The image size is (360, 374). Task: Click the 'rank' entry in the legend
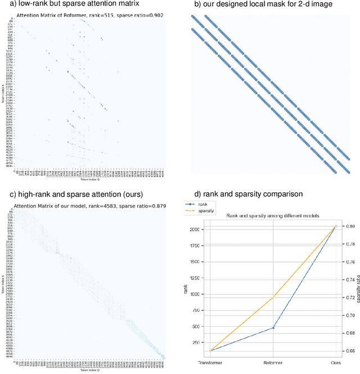(x=202, y=205)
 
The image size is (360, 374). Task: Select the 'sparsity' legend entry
(x=205, y=212)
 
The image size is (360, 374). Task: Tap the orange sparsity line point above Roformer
(x=273, y=296)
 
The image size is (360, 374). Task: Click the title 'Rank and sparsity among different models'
(x=273, y=216)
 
